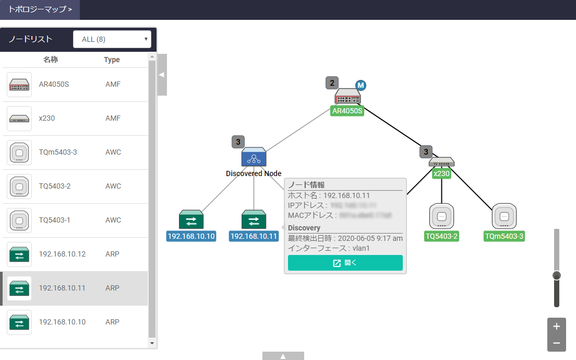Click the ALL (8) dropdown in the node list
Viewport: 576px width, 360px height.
pyautogui.click(x=112, y=39)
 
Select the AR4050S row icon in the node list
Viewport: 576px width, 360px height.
pyautogui.click(x=19, y=85)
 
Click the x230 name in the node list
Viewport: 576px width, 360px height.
pyautogui.click(x=47, y=118)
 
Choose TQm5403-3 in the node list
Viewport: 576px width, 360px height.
pyautogui.click(x=57, y=152)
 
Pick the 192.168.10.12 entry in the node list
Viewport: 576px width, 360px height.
pyautogui.click(x=62, y=254)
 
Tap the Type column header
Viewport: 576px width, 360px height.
pyautogui.click(x=112, y=60)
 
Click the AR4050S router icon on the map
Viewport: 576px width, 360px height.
pyautogui.click(x=347, y=96)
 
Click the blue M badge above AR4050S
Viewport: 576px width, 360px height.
pyautogui.click(x=361, y=85)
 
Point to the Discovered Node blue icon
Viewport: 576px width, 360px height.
pyautogui.click(x=254, y=157)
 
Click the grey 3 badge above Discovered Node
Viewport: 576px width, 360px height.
pyautogui.click(x=238, y=142)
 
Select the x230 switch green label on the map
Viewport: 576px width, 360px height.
pyautogui.click(x=441, y=173)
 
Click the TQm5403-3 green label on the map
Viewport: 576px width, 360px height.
pyautogui.click(x=503, y=236)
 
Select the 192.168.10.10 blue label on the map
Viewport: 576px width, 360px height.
pyautogui.click(x=191, y=236)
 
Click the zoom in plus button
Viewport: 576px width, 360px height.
pyautogui.click(x=556, y=327)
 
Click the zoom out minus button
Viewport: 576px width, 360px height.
pyautogui.click(x=556, y=343)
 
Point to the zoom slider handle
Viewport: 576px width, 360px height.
pyautogui.click(x=557, y=275)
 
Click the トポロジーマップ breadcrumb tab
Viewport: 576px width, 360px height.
pyautogui.click(x=40, y=9)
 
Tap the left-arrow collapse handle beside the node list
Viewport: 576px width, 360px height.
pyautogui.click(x=162, y=75)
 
